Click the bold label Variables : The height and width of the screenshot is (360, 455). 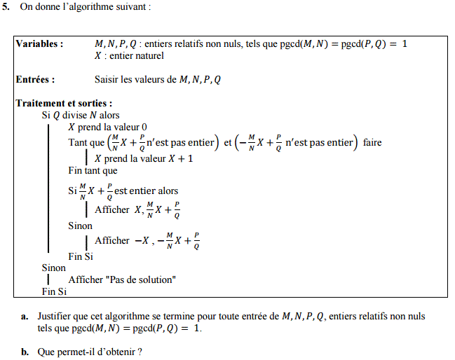(x=40, y=43)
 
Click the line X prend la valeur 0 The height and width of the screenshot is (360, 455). (x=107, y=127)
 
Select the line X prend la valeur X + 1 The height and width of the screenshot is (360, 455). (x=144, y=158)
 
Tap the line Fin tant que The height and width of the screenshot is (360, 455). (x=93, y=170)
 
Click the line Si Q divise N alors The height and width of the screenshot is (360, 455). (x=81, y=116)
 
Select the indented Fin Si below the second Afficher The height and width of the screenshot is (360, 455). (x=80, y=256)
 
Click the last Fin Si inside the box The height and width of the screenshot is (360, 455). (x=54, y=291)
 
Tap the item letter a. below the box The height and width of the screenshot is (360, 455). (x=25, y=317)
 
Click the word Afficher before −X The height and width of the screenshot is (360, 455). (x=112, y=240)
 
